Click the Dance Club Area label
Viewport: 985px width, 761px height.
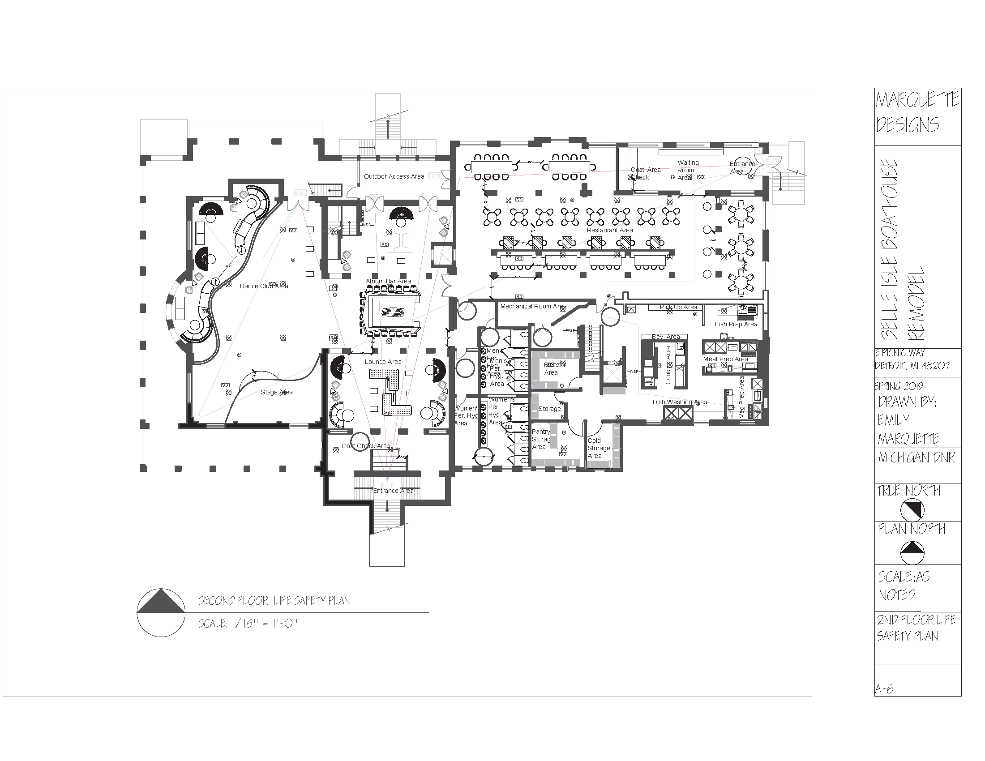(263, 286)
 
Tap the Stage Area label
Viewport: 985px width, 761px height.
(276, 392)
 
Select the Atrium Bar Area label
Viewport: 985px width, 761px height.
(388, 281)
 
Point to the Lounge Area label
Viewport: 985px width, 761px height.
(383, 362)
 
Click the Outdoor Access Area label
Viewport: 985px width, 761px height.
(394, 176)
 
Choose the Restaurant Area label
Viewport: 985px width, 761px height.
(609, 230)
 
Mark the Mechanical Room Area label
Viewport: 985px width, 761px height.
(533, 306)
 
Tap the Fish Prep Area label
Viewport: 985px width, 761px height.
(736, 324)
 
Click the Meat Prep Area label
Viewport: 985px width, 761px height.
(725, 359)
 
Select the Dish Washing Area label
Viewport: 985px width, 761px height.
(680, 402)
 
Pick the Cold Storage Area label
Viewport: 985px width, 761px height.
(599, 448)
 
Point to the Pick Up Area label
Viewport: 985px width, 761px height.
(678, 307)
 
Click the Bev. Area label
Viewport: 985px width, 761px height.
(666, 337)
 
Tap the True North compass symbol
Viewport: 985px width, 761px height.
(912, 510)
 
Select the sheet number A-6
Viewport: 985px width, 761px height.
(884, 689)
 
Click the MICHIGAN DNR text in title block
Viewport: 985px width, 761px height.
(916, 458)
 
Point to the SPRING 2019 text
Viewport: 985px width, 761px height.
(899, 386)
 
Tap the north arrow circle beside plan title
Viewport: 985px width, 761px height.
(161, 612)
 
